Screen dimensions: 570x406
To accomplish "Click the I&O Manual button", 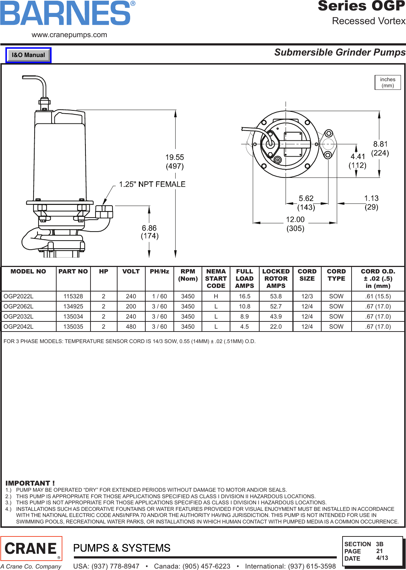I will coord(28,55).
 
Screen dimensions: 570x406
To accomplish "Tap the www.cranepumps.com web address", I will coord(69,35).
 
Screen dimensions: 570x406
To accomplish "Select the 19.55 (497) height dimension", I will coord(175,162).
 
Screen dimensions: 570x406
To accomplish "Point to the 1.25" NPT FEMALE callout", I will coord(152,184).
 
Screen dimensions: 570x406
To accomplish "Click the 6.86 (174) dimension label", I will coord(150,232).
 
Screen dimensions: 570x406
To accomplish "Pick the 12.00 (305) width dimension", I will coord(295,224).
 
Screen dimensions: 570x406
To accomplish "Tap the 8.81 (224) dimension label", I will coord(380,148).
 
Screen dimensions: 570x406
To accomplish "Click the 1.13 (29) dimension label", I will coord(371,202).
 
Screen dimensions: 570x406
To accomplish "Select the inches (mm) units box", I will coord(388,83).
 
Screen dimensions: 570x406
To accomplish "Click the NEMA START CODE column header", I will coord(216,279).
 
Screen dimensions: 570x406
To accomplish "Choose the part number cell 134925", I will coord(73,306).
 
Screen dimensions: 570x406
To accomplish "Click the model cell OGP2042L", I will coord(19,326).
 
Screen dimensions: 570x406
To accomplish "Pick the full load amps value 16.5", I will coord(244,296).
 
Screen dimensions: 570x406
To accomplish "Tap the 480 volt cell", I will coord(131,326).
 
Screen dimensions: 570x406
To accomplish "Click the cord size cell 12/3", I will coord(307,296).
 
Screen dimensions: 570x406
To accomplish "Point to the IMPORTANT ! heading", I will coord(30,483).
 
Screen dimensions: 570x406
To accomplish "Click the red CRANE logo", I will coord(31,548).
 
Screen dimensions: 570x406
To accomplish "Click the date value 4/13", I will coord(382,558).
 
